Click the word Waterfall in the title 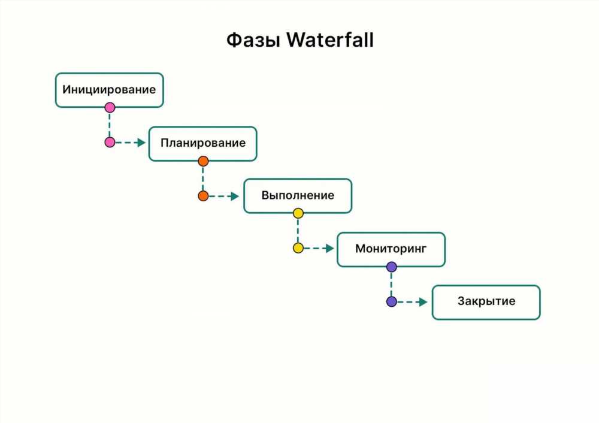point(330,40)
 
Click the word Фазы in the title point(253,40)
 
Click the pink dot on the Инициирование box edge point(110,107)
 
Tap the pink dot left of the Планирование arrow point(110,143)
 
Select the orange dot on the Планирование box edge point(203,161)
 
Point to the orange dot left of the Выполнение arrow point(203,196)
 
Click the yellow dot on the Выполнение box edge point(298,213)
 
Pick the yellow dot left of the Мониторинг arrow point(298,248)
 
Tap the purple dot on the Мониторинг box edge point(392,267)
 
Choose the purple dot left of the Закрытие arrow point(392,302)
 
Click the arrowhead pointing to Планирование point(141,143)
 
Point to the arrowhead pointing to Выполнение point(235,197)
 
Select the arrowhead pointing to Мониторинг point(329,249)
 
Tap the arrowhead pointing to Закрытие point(423,302)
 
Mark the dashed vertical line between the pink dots point(110,125)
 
